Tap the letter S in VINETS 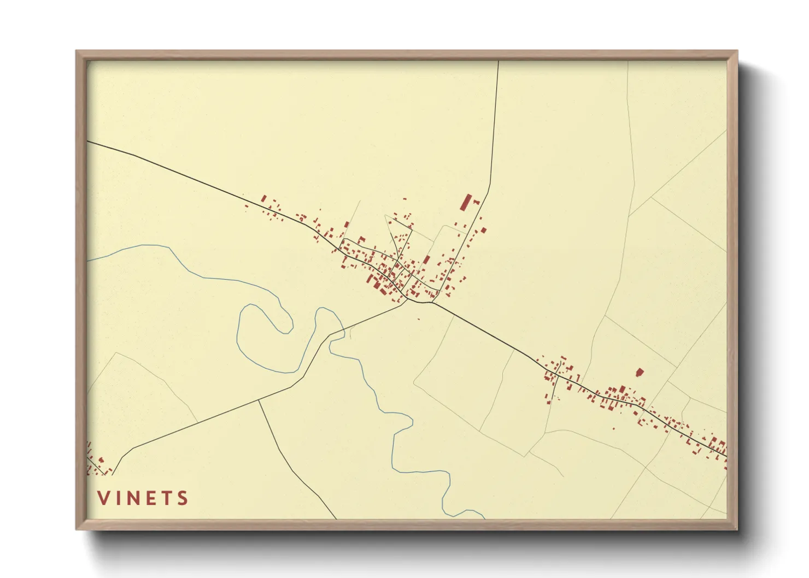183,498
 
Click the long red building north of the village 466,202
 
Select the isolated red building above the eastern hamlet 639,373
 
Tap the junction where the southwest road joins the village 408,300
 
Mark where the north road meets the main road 433,302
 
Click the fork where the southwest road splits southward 259,400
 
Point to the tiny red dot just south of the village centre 418,319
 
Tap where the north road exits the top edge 499,62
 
